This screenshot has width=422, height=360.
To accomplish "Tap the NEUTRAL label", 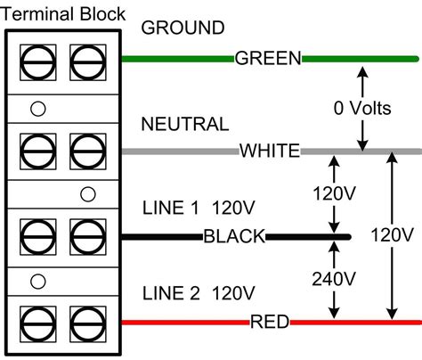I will pyautogui.click(x=184, y=123).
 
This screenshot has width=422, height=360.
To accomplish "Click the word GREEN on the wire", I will pyautogui.click(x=267, y=59).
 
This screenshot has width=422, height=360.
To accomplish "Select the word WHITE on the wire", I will pyautogui.click(x=269, y=151).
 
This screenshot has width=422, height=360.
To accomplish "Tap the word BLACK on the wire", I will pyautogui.click(x=234, y=236).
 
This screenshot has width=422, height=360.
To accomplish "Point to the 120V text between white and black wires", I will pyautogui.click(x=334, y=193).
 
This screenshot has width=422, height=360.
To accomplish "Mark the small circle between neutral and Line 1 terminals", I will pyautogui.click(x=87, y=194).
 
